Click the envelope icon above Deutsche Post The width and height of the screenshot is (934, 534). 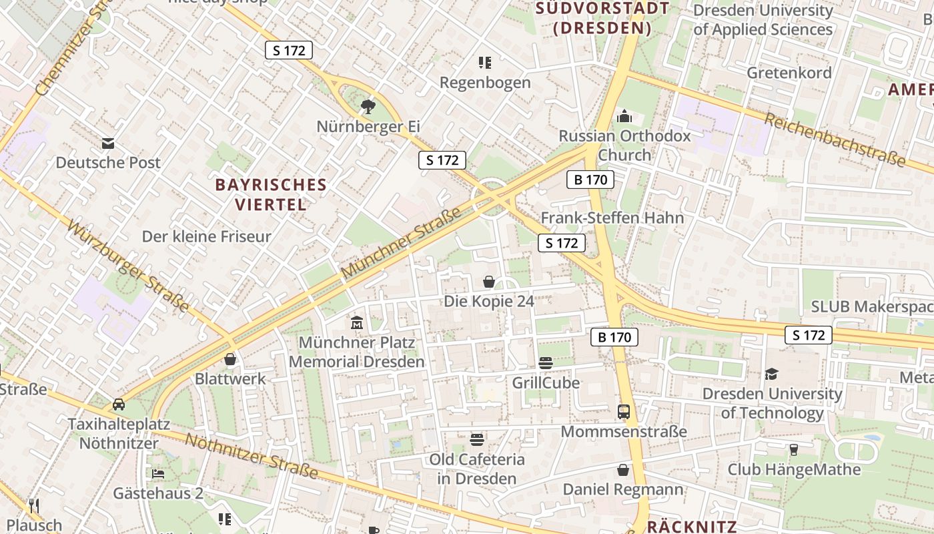tap(108, 144)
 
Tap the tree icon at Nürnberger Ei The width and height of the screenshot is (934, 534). tap(368, 106)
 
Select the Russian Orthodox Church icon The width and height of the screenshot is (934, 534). tap(624, 116)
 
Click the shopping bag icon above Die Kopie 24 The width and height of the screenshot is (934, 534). tap(489, 282)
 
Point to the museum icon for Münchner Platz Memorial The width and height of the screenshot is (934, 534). tap(357, 323)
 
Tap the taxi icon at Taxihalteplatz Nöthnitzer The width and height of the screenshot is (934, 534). tap(119, 405)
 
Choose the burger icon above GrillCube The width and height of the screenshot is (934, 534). tap(546, 363)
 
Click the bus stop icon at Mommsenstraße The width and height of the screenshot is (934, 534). tap(624, 412)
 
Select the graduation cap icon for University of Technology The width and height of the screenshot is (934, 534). tap(772, 374)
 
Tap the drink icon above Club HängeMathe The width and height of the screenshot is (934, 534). tap(794, 450)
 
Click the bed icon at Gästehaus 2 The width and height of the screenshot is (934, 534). tap(158, 474)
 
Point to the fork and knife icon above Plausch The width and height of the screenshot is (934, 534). tap(34, 506)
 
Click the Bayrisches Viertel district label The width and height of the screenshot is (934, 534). tap(271, 194)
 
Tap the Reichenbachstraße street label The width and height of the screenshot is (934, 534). tap(834, 140)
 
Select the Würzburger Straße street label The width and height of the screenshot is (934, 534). tap(127, 265)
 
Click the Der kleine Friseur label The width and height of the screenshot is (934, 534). tap(207, 236)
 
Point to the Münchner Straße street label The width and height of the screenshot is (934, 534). tap(402, 243)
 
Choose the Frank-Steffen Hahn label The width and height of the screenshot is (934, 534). tap(612, 218)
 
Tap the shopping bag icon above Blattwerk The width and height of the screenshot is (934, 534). tap(230, 360)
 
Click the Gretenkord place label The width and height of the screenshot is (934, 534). tap(789, 72)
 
